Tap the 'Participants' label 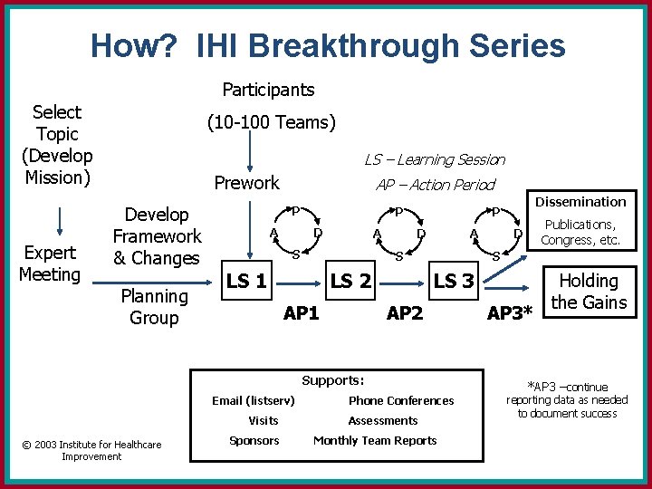click(x=269, y=90)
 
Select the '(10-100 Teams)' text click(x=272, y=121)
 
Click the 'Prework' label click(x=246, y=183)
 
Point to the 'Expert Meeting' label click(x=49, y=263)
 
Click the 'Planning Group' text click(x=154, y=307)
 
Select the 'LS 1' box click(x=246, y=282)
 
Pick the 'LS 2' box click(x=350, y=282)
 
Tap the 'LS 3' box click(x=454, y=282)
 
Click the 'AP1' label click(x=302, y=313)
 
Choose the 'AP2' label click(x=405, y=313)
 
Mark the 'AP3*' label click(x=513, y=314)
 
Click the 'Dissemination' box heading click(x=580, y=202)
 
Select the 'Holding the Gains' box click(x=590, y=292)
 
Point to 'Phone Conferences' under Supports click(x=401, y=401)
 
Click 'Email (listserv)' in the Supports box click(x=254, y=401)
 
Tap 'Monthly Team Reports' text click(x=375, y=441)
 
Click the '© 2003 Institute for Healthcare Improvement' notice click(x=91, y=450)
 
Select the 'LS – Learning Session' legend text click(x=435, y=160)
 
